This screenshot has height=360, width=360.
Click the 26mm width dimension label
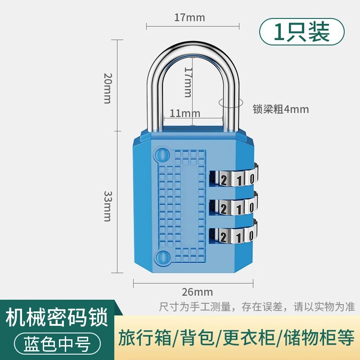coord(197,292)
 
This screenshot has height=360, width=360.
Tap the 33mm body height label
coord(108,206)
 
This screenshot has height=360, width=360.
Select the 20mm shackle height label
coord(108,88)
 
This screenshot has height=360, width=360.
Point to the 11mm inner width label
coord(185,113)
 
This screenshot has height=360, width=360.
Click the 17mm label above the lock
coord(189,18)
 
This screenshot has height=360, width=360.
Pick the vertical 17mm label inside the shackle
coord(188,82)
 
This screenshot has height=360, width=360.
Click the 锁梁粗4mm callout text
coord(281,109)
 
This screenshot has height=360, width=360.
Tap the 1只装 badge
coord(302,31)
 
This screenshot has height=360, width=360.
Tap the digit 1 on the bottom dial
coord(239,237)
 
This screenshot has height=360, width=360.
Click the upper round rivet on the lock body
coord(162,155)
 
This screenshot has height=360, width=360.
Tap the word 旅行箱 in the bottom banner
coord(144,337)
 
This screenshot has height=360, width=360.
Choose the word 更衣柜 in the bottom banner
coord(249,337)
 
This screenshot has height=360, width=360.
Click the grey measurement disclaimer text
coord(257,307)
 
